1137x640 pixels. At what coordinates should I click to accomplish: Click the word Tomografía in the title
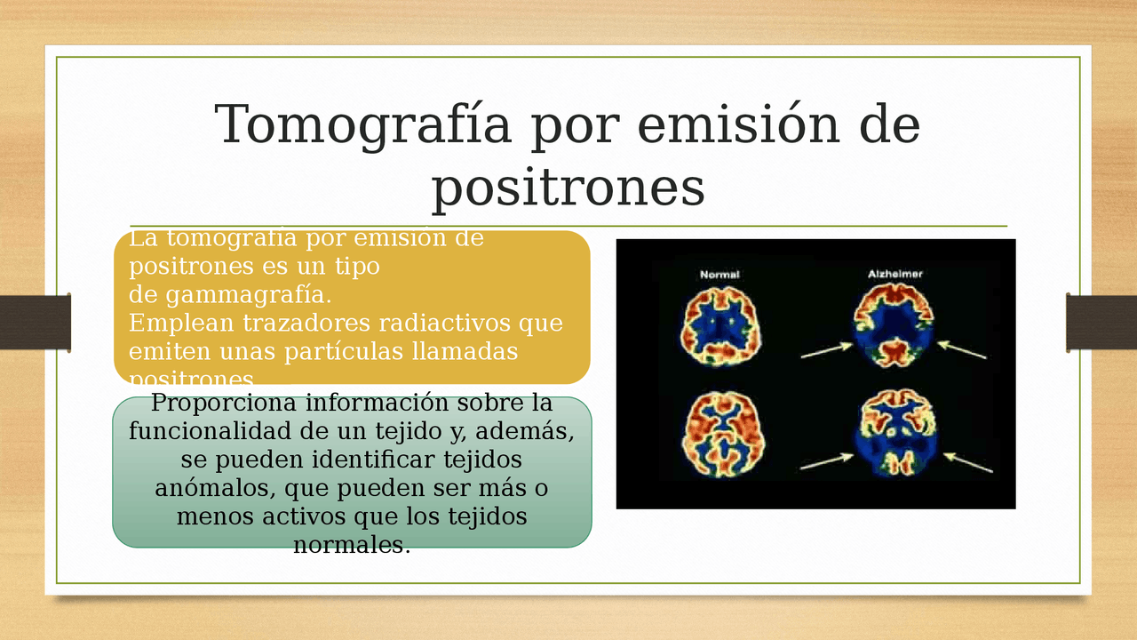(362, 125)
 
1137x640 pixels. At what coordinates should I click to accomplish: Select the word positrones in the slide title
(568, 188)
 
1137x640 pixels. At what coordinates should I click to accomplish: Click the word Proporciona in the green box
(223, 403)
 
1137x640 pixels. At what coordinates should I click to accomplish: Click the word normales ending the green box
(352, 545)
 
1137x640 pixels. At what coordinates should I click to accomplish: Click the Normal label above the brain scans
(720, 275)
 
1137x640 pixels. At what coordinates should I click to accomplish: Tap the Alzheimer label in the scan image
(894, 275)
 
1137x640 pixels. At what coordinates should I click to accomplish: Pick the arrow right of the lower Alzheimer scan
(967, 462)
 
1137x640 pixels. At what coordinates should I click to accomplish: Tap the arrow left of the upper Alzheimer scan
(826, 351)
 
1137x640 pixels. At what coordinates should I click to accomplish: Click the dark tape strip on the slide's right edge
(1101, 322)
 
